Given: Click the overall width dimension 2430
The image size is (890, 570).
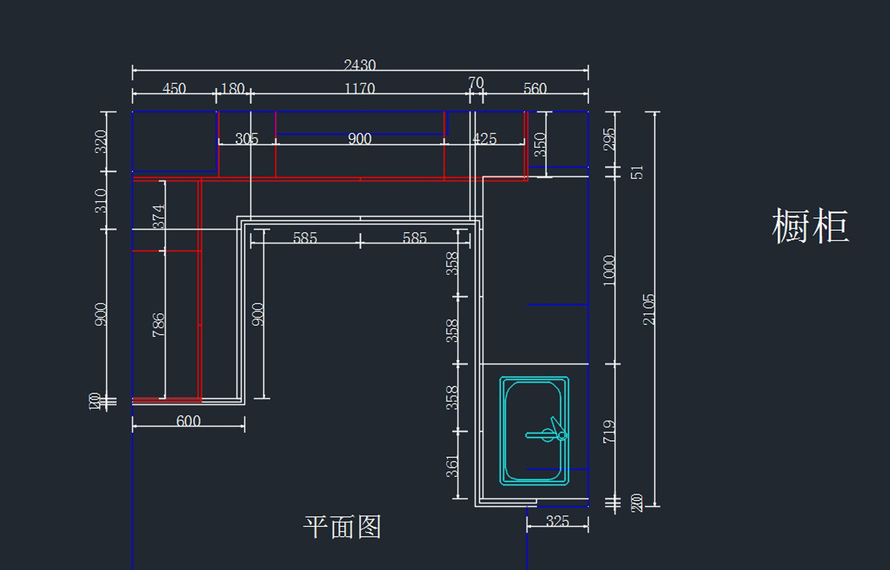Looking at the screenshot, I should pos(360,65).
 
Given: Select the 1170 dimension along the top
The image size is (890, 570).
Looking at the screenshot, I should pos(360,89).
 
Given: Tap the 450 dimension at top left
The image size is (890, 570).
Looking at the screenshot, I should pos(174,89).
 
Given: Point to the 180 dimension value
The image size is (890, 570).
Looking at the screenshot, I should pos(233,89).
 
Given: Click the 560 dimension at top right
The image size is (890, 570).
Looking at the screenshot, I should pos(535,89).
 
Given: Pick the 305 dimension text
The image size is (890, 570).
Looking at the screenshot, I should pos(247,139).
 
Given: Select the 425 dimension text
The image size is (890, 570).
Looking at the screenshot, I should pos(484,139).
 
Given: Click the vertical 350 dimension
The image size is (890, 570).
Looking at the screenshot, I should pos(540,144).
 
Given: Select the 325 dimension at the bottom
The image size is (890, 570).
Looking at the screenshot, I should pos(557,522).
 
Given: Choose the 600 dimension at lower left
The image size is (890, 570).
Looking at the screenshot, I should pos(188,421).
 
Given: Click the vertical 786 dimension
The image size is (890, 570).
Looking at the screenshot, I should pos(159,325).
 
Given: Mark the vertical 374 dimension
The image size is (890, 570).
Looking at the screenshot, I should pos(159,217).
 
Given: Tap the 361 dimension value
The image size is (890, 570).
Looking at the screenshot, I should pos(452,466).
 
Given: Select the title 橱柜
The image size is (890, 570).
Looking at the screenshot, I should pos(810,226).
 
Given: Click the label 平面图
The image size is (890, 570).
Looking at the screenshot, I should pos(342,527).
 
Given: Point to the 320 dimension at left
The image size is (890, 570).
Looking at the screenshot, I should pos(101,141).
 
